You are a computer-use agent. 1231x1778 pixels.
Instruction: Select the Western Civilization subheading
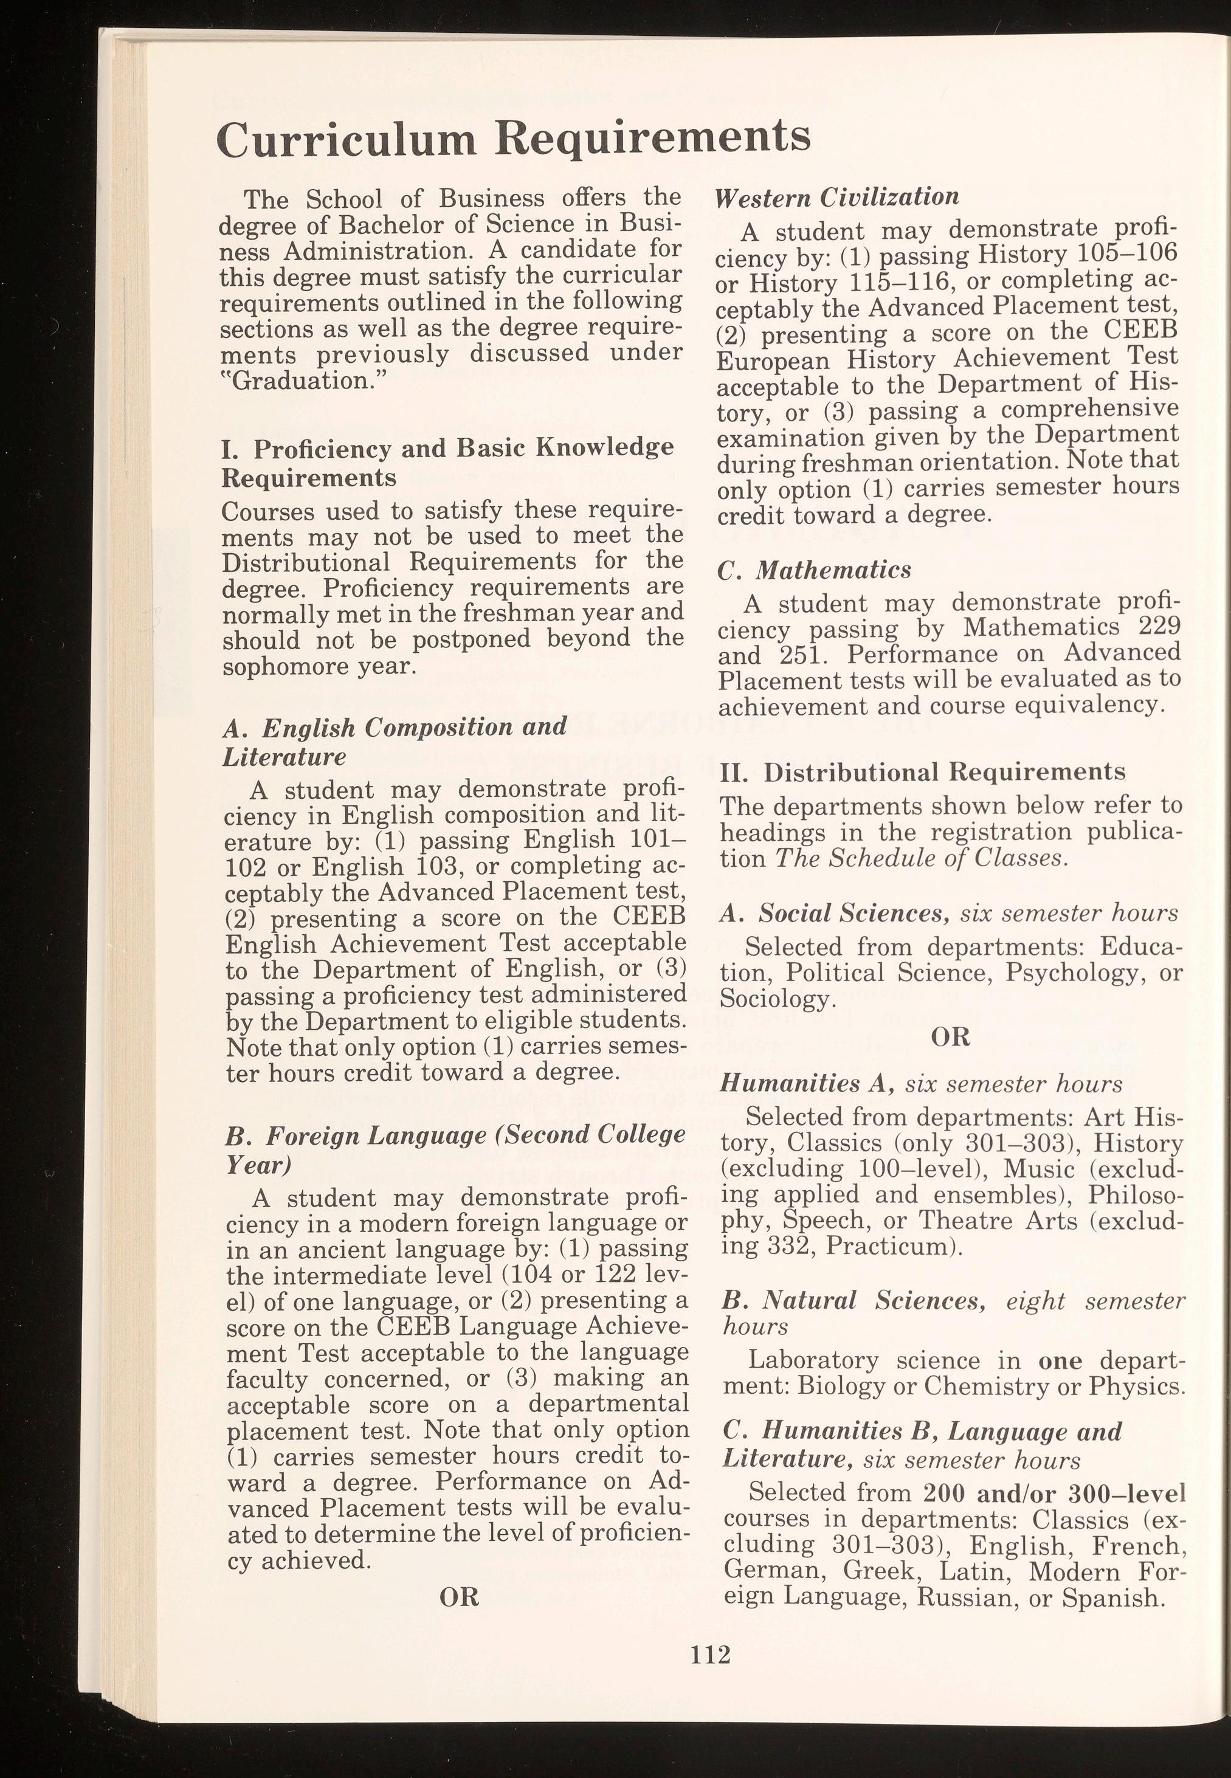click(837, 198)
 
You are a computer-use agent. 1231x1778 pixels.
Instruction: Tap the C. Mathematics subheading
click(814, 570)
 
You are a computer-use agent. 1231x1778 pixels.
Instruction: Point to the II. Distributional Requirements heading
click(922, 772)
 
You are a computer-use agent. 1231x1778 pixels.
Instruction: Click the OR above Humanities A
click(950, 1036)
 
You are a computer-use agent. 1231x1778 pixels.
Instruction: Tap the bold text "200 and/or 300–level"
click(1053, 1493)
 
